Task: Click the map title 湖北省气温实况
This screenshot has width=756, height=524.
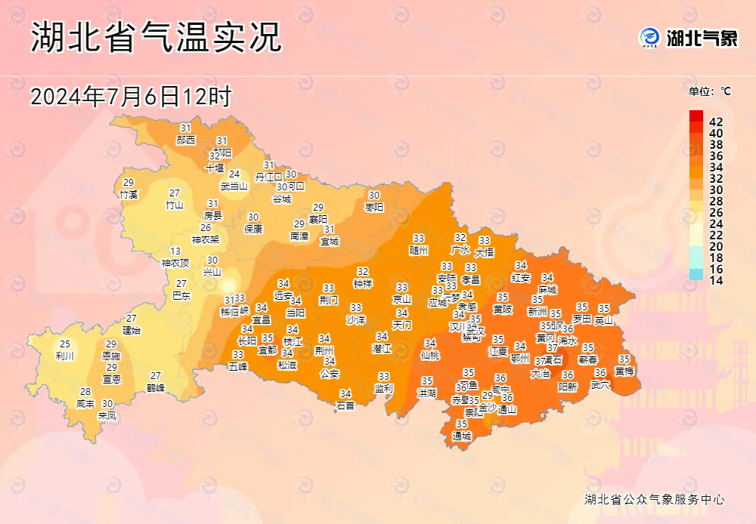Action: [x=156, y=38]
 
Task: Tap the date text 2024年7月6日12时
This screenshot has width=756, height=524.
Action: [x=130, y=97]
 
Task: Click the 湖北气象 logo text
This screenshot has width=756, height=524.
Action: [x=701, y=38]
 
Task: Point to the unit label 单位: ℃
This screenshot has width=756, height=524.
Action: [x=709, y=91]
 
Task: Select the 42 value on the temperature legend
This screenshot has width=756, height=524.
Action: [x=716, y=122]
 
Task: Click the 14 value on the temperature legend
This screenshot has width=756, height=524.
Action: [x=716, y=279]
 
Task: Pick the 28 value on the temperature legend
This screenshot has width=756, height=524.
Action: [x=716, y=201]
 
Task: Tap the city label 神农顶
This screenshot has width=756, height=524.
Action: [x=175, y=263]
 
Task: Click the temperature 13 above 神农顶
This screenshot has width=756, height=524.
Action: [x=175, y=251]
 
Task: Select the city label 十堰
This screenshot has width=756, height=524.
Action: [x=215, y=168]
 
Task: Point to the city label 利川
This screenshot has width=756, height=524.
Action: [x=65, y=356]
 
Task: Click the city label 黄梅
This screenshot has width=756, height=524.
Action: [x=624, y=371]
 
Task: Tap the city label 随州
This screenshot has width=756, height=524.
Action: [x=419, y=249]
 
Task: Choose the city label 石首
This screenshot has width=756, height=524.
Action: [x=345, y=405]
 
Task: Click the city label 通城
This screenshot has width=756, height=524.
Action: [x=461, y=436]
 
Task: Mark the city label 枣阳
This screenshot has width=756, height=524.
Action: [x=374, y=206]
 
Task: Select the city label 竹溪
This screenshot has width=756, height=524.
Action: [x=129, y=194]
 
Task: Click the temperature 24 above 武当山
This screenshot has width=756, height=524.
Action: [x=234, y=174]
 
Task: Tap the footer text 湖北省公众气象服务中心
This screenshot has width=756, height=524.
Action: [x=655, y=499]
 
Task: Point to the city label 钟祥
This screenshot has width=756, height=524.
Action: [x=363, y=283]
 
